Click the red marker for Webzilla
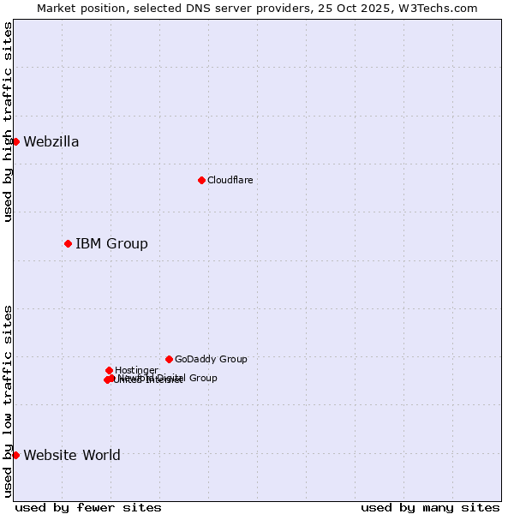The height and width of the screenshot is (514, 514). (15, 141)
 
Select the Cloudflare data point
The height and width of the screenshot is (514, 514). (201, 180)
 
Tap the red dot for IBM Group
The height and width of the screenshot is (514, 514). (68, 244)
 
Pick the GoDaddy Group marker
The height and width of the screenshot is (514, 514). (169, 359)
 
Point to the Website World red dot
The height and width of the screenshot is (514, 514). (15, 455)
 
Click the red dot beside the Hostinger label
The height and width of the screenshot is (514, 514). (109, 370)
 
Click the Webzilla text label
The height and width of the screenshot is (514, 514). (51, 142)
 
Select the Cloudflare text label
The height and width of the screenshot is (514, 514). (230, 181)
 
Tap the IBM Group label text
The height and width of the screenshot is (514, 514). (111, 244)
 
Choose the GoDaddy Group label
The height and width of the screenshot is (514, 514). (211, 360)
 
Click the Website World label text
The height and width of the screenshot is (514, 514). (72, 456)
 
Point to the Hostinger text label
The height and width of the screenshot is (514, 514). (136, 371)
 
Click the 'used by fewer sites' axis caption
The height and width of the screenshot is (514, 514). (88, 508)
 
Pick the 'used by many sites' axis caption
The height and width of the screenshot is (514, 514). (430, 508)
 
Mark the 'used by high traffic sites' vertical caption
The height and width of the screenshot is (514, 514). (8, 122)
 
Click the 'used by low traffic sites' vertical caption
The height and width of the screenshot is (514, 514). (8, 401)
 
